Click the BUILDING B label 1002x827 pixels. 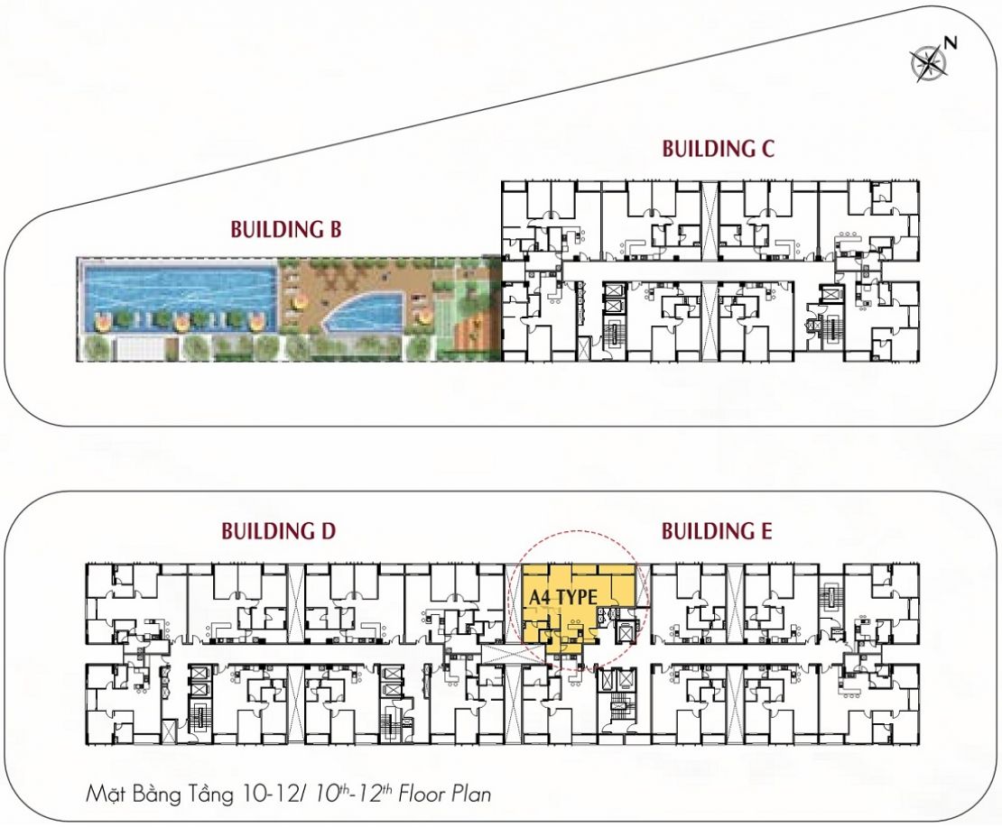pyautogui.click(x=285, y=229)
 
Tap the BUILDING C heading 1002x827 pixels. pyautogui.click(x=718, y=149)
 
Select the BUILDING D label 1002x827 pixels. pyautogui.click(x=278, y=531)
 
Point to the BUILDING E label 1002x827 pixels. pyautogui.click(x=717, y=531)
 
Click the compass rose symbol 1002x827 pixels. pyautogui.click(x=928, y=62)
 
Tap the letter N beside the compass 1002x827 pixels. pyautogui.click(x=951, y=43)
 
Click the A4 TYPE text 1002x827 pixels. pyautogui.click(x=563, y=598)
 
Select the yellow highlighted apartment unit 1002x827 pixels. pyautogui.click(x=575, y=607)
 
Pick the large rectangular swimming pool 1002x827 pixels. pyautogui.click(x=177, y=297)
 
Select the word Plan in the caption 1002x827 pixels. pyautogui.click(x=472, y=795)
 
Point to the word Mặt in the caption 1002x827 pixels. pyautogui.click(x=107, y=795)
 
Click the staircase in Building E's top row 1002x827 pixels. pyautogui.click(x=830, y=595)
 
